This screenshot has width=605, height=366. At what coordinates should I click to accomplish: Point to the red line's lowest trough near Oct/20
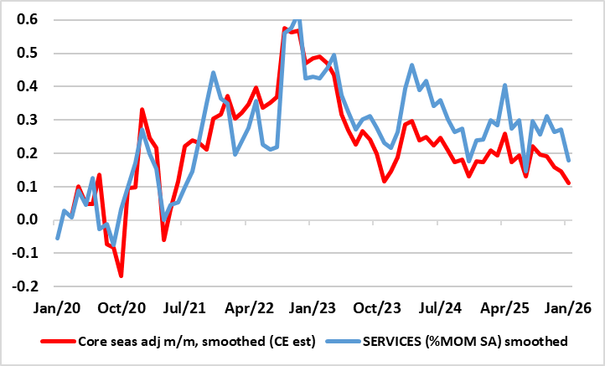121,276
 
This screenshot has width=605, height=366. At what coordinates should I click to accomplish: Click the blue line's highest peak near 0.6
297,18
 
